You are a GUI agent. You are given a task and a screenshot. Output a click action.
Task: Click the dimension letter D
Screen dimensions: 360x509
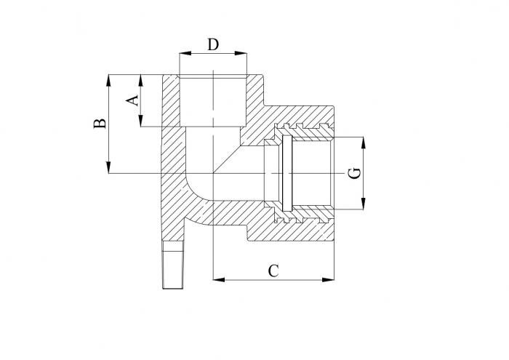click(x=213, y=44)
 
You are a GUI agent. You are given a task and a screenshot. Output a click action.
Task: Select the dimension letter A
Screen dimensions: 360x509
click(x=132, y=100)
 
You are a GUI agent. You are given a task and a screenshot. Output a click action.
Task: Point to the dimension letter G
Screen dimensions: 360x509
click(x=353, y=173)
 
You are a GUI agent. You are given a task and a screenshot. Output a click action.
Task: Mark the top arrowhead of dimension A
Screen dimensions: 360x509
click(x=141, y=77)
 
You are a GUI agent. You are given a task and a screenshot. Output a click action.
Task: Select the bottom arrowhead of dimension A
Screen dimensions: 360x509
click(x=141, y=123)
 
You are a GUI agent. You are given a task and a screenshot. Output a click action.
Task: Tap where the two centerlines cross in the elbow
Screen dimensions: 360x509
click(x=212, y=173)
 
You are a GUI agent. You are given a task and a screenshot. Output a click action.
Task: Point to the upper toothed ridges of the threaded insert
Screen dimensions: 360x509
click(x=305, y=130)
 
